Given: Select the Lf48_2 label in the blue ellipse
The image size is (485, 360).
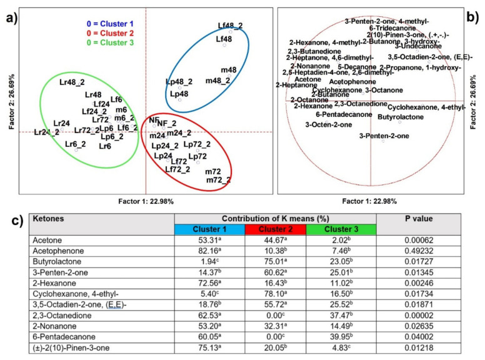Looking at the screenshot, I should pos(231,26).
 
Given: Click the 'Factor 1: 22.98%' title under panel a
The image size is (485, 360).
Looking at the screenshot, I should pos(146,201).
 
